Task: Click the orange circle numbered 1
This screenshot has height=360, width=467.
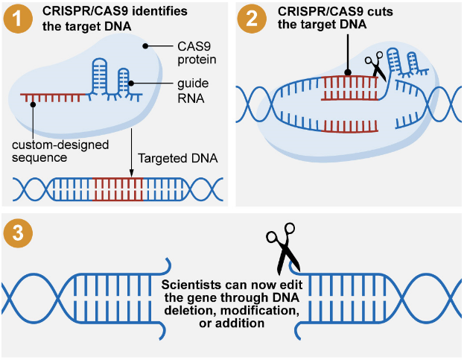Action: point(18,19)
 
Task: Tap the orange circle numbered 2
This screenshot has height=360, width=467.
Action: point(252,19)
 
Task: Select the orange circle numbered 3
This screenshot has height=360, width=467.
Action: point(18,233)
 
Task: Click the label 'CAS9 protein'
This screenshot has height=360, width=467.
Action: point(197,53)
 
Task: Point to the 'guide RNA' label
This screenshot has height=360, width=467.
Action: point(193,91)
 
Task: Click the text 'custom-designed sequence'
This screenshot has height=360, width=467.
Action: point(60,151)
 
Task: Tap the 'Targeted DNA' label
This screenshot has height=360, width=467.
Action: point(178,158)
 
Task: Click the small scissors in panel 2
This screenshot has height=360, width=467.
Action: point(375,66)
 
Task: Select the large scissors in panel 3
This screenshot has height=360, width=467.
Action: point(283,248)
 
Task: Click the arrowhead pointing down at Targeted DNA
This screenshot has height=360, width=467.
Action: point(131,173)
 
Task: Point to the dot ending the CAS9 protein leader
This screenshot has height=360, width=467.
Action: point(145,46)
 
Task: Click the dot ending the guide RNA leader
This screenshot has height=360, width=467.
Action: point(131,83)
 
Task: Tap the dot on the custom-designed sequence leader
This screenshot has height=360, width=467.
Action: point(33,104)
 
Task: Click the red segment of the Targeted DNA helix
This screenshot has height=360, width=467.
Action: point(118,189)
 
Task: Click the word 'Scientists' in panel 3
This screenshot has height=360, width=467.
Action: point(186,285)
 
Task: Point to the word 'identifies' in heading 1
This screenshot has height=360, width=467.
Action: point(160,11)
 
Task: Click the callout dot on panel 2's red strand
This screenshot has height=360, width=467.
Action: point(348,72)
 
